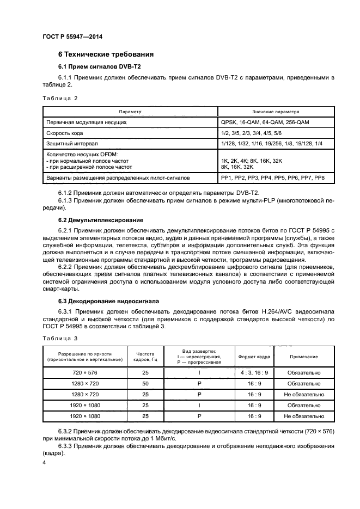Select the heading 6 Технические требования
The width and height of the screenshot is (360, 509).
point(106,54)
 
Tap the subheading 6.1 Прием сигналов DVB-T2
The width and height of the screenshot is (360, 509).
point(92,66)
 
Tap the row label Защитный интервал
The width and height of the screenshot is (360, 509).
point(72,143)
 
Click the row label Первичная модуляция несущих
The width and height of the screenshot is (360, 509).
point(87,122)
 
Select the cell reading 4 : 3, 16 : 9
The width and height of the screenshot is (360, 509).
point(254,373)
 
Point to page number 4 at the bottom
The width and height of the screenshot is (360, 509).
point(44,462)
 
